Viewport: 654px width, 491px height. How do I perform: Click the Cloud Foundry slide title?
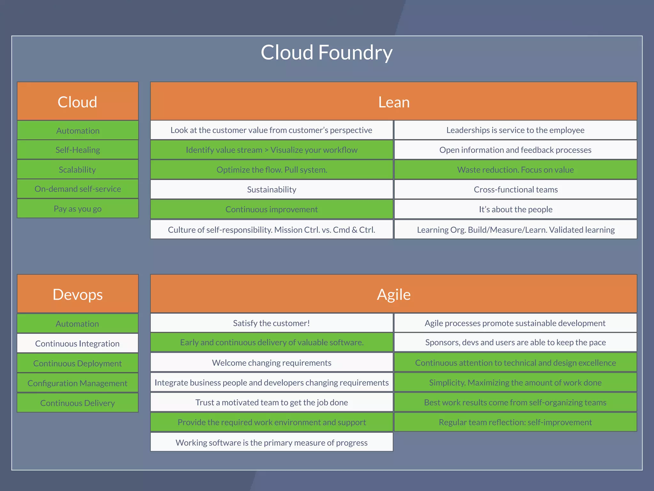pyautogui.click(x=326, y=53)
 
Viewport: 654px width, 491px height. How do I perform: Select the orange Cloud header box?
pyautogui.click(x=78, y=102)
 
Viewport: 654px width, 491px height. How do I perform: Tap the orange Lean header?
pyautogui.click(x=393, y=102)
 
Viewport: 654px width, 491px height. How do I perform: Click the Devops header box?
pyautogui.click(x=78, y=294)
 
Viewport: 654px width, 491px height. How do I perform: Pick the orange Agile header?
pyautogui.click(x=393, y=294)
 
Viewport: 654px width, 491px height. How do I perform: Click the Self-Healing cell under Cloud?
pyautogui.click(x=78, y=150)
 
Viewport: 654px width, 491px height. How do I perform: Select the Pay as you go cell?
pyautogui.click(x=78, y=209)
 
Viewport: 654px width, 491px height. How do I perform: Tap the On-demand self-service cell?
pyautogui.click(x=78, y=189)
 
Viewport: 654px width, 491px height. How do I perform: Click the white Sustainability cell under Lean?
pyautogui.click(x=271, y=190)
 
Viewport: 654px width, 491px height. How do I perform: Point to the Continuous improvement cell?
pyautogui.click(x=271, y=209)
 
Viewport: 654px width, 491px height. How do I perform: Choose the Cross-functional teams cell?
pyautogui.click(x=515, y=190)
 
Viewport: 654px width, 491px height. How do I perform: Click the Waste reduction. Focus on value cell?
pyautogui.click(x=515, y=170)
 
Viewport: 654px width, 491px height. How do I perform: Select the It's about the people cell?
pyautogui.click(x=515, y=209)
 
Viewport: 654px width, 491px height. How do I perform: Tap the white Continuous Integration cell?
pyautogui.click(x=78, y=344)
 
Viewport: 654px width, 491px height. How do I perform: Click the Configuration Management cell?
pyautogui.click(x=78, y=383)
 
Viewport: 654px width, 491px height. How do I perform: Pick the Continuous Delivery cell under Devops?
pyautogui.click(x=78, y=403)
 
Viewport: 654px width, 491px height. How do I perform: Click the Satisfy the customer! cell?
pyautogui.click(x=271, y=323)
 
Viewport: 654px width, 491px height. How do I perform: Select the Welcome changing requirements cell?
pyautogui.click(x=271, y=363)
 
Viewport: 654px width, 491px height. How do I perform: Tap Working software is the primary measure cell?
pyautogui.click(x=271, y=442)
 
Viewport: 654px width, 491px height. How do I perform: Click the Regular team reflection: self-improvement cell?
pyautogui.click(x=515, y=422)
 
